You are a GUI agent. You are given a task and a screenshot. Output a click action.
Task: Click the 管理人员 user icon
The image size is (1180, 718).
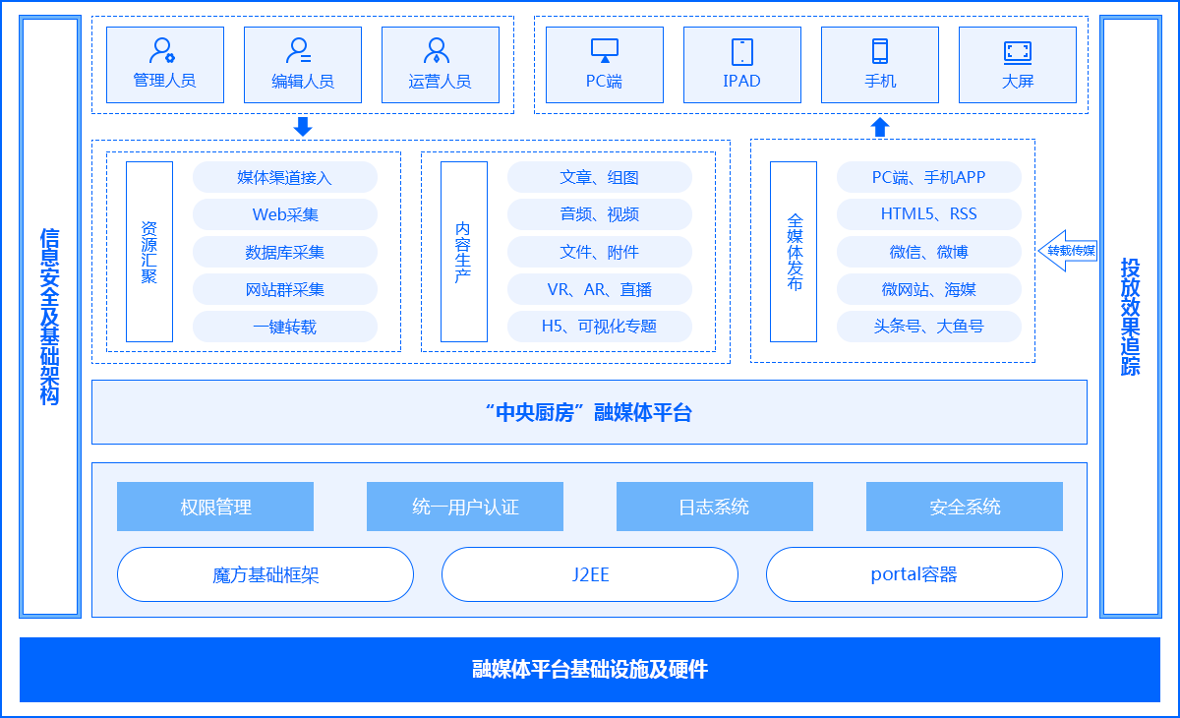tap(162, 50)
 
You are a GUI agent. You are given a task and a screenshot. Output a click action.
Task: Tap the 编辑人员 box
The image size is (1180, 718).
tap(303, 65)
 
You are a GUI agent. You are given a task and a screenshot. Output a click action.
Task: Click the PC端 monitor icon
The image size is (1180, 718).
tap(604, 50)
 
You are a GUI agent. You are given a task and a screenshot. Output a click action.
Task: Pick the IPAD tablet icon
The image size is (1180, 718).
tap(742, 51)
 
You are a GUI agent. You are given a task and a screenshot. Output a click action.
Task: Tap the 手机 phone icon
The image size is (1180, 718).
tap(880, 51)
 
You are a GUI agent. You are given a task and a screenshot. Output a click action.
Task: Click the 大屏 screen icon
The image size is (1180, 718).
tap(1018, 51)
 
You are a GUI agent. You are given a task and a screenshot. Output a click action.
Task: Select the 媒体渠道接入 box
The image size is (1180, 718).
tap(284, 177)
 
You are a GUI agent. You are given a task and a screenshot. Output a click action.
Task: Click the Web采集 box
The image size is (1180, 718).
tap(284, 214)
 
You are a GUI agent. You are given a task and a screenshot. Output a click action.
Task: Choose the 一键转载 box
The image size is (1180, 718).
tap(284, 327)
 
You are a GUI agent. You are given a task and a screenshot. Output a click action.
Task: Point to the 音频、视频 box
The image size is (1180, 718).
tap(599, 214)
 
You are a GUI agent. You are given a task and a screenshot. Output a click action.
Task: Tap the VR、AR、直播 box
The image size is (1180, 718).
tap(599, 289)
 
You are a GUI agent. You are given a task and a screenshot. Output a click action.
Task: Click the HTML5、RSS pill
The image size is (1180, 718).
tap(928, 214)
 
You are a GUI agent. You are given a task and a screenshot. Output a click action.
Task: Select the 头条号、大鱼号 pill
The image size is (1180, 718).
tap(928, 327)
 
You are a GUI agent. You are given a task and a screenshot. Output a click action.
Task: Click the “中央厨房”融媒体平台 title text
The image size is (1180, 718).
tap(589, 413)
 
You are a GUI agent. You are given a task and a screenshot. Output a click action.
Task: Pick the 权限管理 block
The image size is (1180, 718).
tap(215, 507)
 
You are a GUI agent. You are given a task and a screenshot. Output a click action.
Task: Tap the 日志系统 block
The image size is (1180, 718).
tap(714, 507)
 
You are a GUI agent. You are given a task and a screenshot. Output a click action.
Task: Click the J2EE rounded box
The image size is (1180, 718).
tap(590, 574)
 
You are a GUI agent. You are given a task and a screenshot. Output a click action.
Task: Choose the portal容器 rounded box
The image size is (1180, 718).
tap(914, 574)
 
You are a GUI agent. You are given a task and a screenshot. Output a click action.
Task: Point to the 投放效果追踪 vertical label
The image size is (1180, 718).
tap(1131, 317)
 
